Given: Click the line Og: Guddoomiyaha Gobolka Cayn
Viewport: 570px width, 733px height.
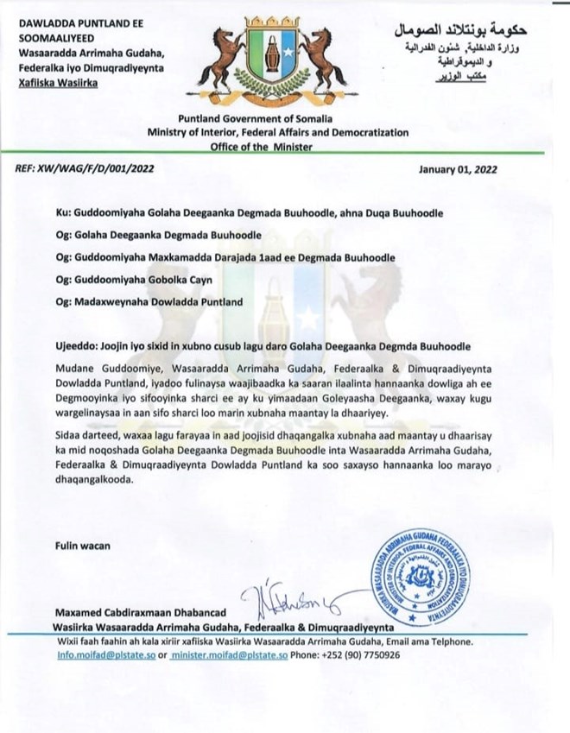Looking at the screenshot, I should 148,280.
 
